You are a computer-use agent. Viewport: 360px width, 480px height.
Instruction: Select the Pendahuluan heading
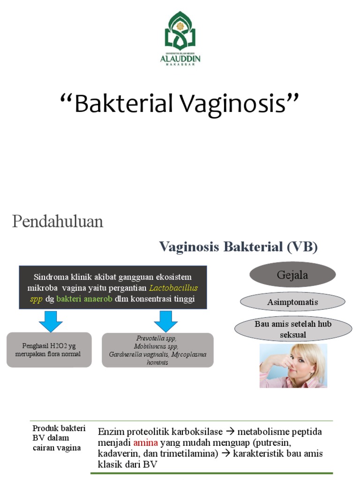58,221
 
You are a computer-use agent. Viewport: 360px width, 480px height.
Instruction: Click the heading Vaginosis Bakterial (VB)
238,247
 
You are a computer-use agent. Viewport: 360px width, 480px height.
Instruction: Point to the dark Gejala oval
292,275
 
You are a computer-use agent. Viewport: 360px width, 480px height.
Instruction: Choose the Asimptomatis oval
292,302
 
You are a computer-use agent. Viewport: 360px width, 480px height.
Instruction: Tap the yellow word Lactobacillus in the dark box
173,288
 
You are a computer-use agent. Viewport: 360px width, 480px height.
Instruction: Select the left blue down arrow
51,321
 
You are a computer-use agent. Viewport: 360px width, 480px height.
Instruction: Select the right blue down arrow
166,321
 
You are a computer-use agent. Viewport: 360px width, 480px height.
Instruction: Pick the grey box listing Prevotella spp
157,350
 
